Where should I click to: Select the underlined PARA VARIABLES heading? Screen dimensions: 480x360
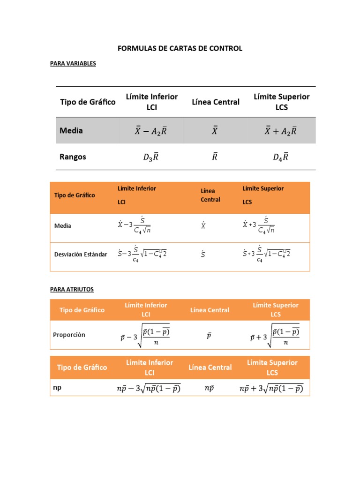(73, 63)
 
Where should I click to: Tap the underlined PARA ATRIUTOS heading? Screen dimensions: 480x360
(72, 289)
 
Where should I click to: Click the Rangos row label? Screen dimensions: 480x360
(73, 157)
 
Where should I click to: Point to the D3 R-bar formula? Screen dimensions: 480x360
(150, 157)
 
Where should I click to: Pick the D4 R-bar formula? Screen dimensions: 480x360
(280, 157)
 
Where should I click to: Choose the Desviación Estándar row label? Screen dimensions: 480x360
(81, 255)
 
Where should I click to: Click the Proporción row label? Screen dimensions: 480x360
(69, 335)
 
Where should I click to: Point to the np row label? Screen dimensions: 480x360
(57, 388)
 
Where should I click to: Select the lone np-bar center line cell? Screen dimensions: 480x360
(210, 388)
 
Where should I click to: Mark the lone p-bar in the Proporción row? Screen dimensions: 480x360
(209, 336)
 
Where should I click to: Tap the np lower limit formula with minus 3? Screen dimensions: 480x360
(148, 389)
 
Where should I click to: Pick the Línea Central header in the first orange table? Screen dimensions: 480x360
(210, 195)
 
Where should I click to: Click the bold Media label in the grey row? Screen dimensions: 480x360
(71, 131)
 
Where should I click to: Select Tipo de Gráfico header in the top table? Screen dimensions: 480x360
(87, 102)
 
